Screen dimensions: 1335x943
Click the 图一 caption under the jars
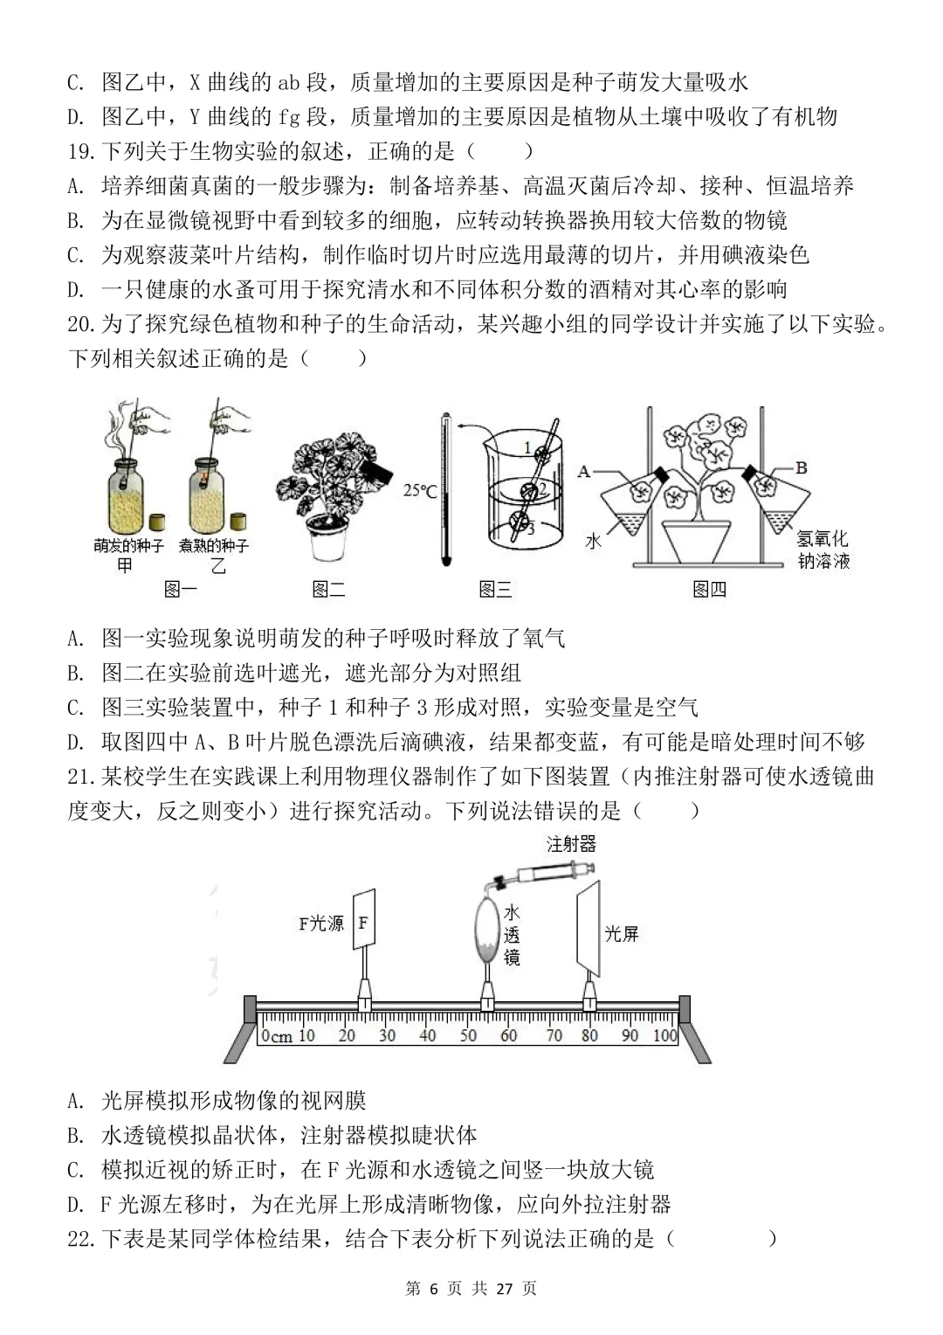tap(181, 590)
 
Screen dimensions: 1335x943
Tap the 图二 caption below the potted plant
tap(328, 590)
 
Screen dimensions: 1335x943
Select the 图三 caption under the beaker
tap(495, 590)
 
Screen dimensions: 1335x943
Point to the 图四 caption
tap(709, 590)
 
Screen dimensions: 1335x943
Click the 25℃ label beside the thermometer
tap(420, 491)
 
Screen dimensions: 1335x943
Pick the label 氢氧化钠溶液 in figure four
tap(823, 550)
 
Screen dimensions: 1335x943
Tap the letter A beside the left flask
tap(584, 472)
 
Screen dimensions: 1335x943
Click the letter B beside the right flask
tap(802, 468)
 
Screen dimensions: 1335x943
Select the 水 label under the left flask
tap(594, 542)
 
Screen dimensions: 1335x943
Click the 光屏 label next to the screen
tap(622, 933)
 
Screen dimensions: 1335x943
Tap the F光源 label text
tap(321, 923)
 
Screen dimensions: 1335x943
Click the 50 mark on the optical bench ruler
tap(469, 1036)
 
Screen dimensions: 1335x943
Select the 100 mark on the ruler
tap(664, 1036)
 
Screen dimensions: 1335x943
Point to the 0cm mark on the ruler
tap(277, 1036)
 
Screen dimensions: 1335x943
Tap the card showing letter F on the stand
tap(363, 921)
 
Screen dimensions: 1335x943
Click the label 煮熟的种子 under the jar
tap(214, 546)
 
